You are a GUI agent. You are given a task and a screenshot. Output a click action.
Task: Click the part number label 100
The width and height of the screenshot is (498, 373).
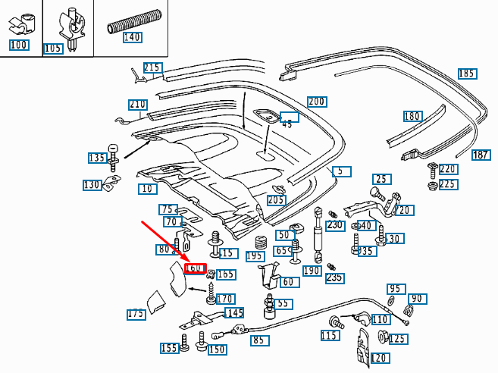[x=19, y=45]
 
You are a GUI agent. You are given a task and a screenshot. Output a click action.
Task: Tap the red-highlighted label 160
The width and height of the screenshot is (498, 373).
[x=195, y=268]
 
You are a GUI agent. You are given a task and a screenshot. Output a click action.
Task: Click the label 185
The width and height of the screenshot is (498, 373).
[x=467, y=74]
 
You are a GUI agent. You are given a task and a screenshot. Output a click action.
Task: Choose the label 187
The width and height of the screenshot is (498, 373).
[x=481, y=155]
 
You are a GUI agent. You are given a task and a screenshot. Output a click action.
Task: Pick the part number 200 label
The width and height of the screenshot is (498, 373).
[x=316, y=102]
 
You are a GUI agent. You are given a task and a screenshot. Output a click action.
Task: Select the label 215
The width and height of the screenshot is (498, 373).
[x=152, y=67]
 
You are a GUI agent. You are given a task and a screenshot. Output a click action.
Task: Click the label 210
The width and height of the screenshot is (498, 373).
[x=137, y=104]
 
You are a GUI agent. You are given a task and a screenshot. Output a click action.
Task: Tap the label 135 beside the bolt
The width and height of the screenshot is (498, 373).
[x=97, y=158]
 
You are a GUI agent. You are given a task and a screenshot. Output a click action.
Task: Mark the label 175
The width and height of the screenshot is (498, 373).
[x=136, y=314]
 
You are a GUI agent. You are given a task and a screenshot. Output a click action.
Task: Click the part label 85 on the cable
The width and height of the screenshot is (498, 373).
[x=259, y=340]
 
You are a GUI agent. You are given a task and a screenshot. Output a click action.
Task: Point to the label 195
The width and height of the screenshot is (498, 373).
[x=255, y=256]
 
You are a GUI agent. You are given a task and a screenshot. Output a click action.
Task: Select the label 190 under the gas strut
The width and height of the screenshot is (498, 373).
[x=312, y=271]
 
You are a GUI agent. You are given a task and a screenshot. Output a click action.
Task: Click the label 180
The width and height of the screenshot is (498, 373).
[x=412, y=116]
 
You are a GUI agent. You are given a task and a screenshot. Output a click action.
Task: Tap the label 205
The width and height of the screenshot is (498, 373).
[x=276, y=200]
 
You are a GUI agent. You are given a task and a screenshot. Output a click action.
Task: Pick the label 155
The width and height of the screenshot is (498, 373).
[x=169, y=348]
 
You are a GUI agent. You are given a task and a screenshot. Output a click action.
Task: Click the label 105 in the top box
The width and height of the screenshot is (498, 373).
[x=52, y=49]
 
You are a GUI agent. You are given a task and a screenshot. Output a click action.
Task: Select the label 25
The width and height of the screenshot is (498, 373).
[x=381, y=179]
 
